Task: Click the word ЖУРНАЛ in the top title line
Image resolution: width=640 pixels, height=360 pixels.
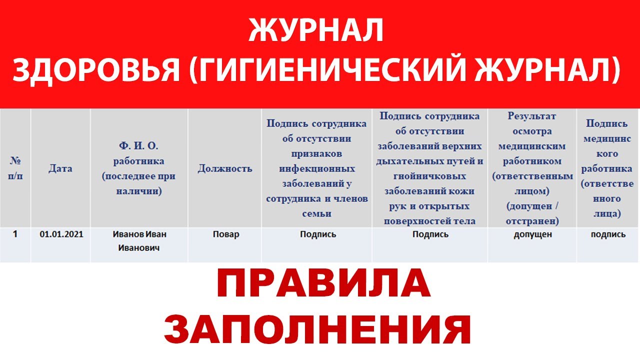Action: coord(316,31)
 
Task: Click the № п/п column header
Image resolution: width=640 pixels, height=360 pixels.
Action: coord(15,168)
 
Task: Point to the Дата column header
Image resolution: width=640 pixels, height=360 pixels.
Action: coord(60,168)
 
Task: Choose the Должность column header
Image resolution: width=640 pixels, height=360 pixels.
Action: coord(225,168)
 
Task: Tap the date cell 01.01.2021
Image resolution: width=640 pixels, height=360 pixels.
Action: coord(61,234)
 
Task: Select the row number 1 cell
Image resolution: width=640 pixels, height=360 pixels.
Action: coord(15,233)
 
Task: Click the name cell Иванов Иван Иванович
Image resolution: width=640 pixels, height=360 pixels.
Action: coord(139,240)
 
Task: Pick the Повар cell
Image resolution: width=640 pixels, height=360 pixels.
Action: coord(225,234)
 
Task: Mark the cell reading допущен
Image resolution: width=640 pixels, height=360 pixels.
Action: coord(532,234)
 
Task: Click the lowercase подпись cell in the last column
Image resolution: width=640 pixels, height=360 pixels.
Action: coord(608,234)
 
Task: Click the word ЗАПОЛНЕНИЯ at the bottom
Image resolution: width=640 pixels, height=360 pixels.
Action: coord(317,330)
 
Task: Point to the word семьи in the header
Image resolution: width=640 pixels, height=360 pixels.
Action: coord(317,213)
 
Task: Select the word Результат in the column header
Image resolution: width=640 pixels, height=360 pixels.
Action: coord(532,116)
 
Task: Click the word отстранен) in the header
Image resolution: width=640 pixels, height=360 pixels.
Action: coord(532,221)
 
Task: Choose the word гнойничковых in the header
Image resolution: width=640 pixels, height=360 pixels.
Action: coord(430,176)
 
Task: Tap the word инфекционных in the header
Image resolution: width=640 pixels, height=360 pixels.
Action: coord(317,168)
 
